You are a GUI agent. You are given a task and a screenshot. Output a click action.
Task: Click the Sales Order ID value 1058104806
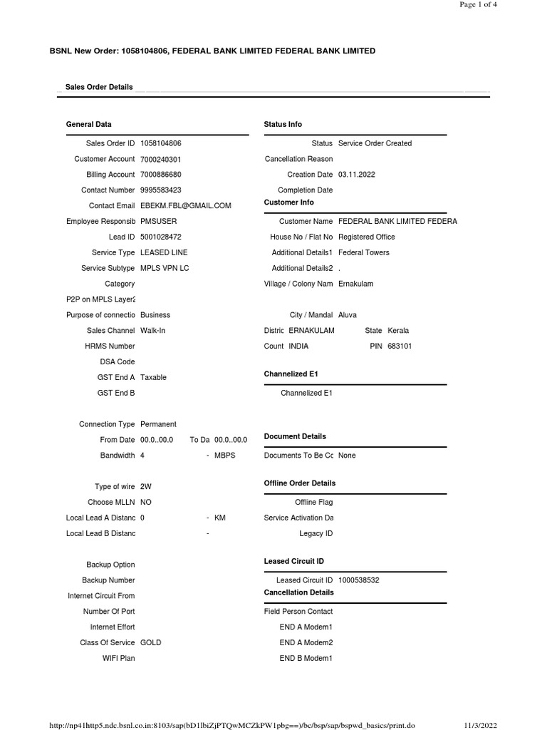coord(160,143)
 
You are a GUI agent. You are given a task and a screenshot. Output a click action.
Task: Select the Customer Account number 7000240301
coord(160,159)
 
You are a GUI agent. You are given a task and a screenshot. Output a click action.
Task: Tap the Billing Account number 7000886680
coord(160,175)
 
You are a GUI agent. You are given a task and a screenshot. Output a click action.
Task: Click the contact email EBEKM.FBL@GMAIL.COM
coord(185,206)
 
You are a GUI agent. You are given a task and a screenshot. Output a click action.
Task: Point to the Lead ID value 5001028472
coord(160,237)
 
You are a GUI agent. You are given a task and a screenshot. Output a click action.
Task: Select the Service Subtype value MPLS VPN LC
coord(165,268)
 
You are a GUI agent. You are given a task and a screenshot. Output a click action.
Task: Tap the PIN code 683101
coord(399,346)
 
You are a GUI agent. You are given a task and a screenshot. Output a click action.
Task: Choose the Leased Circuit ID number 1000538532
coord(358,580)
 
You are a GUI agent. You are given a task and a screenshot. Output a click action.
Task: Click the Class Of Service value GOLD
coord(151,642)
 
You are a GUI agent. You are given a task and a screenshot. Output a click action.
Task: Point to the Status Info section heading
coord(283,124)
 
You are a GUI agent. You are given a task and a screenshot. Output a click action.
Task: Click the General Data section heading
coord(88,124)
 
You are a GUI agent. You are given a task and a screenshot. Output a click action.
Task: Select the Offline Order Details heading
coord(299,483)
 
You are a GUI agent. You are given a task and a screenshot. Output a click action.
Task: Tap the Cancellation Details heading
coord(298,592)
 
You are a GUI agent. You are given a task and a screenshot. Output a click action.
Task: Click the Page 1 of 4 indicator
coord(478,4)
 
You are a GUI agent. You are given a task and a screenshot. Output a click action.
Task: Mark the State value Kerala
coord(398,331)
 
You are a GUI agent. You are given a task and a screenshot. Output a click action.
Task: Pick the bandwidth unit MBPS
coord(224,456)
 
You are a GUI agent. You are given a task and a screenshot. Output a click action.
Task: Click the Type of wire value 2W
coord(146,487)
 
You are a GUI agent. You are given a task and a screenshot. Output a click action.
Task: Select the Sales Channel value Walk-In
coord(152,331)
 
